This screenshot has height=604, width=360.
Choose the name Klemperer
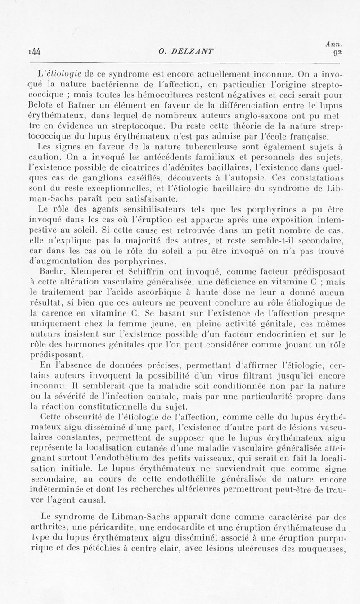coord(80,272)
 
